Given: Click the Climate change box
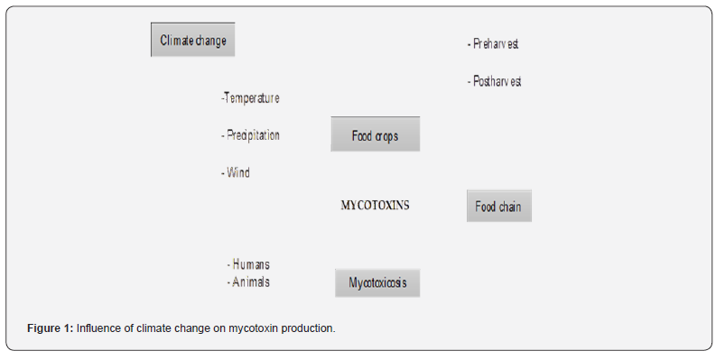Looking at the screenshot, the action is coord(193,40).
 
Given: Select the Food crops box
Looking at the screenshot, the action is coord(375,134).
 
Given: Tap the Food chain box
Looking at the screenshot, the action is coord(499,206).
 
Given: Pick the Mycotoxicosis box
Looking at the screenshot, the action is coord(377,282).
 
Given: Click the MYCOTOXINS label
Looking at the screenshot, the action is coord(375,205).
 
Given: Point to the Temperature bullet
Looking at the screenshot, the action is coord(250,98).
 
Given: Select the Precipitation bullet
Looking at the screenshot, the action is coord(250,135).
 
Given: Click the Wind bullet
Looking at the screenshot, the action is coord(236,173).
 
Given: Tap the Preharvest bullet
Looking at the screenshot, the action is coord(493,44).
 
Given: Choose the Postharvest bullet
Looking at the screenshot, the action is coord(494,81).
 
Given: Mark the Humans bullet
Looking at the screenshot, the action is coord(248,264).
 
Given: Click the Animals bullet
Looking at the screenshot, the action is coord(248,282).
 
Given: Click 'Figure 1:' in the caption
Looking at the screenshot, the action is coord(51,328).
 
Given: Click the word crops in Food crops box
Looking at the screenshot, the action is coord(386,136).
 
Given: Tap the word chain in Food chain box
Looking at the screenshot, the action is coord(509,207).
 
